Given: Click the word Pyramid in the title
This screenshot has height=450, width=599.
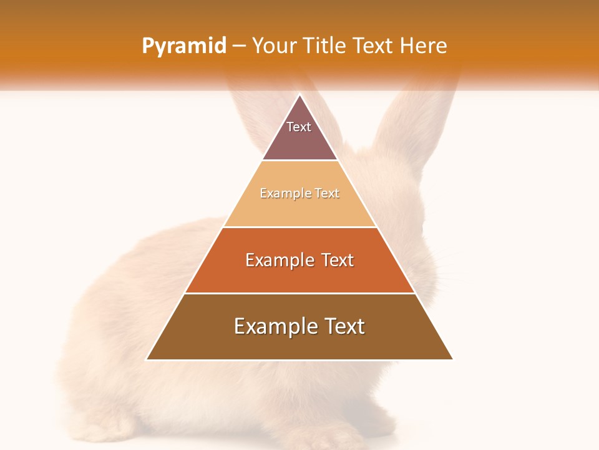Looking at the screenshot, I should click(x=184, y=46).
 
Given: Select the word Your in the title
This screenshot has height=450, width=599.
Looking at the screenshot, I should click(x=275, y=46).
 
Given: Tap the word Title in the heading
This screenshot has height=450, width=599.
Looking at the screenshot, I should click(x=326, y=46).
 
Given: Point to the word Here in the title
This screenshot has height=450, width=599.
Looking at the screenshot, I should click(x=424, y=46).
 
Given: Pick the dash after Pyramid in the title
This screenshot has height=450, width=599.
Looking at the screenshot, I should click(x=238, y=46).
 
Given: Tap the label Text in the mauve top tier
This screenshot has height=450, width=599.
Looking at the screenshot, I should click(x=299, y=127).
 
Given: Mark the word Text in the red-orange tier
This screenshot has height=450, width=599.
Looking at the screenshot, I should click(x=338, y=260).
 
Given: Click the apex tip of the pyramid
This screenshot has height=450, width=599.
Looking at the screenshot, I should click(x=299, y=96).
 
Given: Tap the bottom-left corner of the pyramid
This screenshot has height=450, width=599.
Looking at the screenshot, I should click(x=147, y=359).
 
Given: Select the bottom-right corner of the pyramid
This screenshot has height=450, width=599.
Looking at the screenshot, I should click(x=452, y=359).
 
